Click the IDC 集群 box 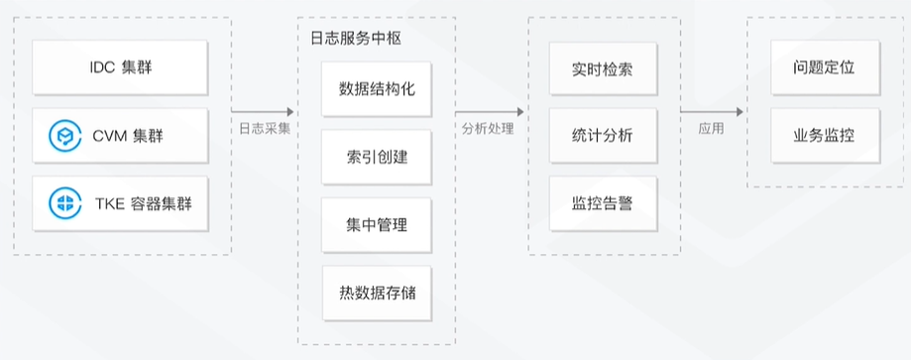pyautogui.click(x=122, y=68)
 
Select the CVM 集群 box pyautogui.click(x=122, y=136)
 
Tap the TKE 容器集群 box pyautogui.click(x=122, y=204)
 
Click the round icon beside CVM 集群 pyautogui.click(x=67, y=136)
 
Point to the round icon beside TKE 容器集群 pyautogui.click(x=67, y=204)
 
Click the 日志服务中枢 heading pyautogui.click(x=349, y=37)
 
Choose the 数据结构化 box pyautogui.click(x=377, y=89)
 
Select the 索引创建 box pyautogui.click(x=377, y=157)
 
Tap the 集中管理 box pyautogui.click(x=377, y=224)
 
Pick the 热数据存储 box pyautogui.click(x=377, y=292)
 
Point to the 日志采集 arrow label pyautogui.click(x=265, y=128)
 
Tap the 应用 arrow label pyautogui.click(x=711, y=128)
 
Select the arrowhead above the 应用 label pyautogui.click(x=739, y=112)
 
